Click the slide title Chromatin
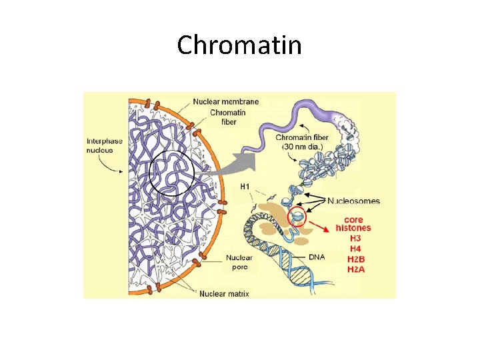click(x=239, y=45)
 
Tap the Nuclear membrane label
click(x=226, y=102)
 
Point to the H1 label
click(x=246, y=187)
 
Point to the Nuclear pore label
click(x=239, y=262)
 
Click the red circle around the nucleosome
click(x=297, y=217)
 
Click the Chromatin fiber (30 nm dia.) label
click(x=301, y=142)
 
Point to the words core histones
click(x=358, y=223)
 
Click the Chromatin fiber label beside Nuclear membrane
click(x=228, y=117)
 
